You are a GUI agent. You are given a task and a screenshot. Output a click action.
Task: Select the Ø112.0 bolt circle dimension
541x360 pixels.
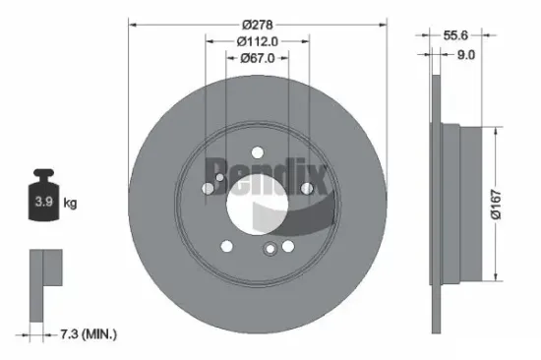pyautogui.click(x=258, y=40)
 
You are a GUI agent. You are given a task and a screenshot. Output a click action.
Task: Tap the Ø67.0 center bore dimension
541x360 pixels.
pyautogui.click(x=258, y=58)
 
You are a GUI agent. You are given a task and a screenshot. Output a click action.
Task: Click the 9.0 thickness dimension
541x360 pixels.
pyautogui.click(x=467, y=55)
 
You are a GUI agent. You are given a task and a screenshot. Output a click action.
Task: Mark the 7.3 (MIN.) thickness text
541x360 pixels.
pyautogui.click(x=86, y=335)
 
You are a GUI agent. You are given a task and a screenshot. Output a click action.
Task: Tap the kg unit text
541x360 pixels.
pyautogui.click(x=71, y=204)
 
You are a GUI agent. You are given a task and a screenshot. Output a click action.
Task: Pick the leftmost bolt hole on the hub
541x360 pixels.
pyautogui.click(x=209, y=189)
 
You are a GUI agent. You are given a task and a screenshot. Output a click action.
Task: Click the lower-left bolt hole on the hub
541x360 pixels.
pyautogui.click(x=227, y=246)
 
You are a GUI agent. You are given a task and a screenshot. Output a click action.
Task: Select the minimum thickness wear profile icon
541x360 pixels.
pyautogui.click(x=44, y=285)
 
